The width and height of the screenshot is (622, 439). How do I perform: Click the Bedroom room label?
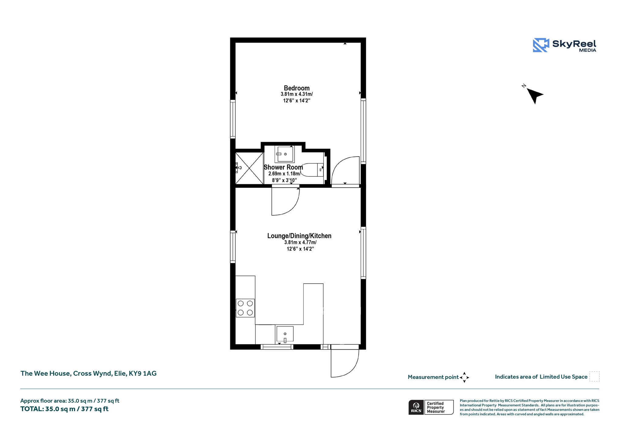(297, 88)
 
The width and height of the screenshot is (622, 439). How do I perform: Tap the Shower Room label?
(283, 167)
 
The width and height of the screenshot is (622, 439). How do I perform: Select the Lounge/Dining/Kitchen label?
(299, 236)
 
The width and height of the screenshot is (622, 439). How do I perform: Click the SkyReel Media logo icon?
(541, 45)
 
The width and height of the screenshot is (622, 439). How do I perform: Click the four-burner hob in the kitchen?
(245, 308)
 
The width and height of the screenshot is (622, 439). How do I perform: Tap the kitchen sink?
(285, 334)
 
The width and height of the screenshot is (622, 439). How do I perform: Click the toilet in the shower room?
(312, 170)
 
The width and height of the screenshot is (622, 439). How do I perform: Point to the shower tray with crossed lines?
(249, 168)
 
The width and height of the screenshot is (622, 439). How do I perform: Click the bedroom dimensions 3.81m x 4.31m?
(297, 94)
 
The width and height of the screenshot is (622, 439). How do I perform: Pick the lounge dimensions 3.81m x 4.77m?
(300, 242)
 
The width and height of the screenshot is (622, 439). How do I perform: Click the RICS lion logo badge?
(416, 407)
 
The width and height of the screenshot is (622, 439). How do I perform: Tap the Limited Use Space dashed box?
(594, 376)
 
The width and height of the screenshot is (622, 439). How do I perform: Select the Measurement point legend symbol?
(464, 377)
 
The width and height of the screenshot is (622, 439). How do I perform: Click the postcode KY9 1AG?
(143, 373)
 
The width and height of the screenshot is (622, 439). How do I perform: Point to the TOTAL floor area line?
(64, 409)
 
